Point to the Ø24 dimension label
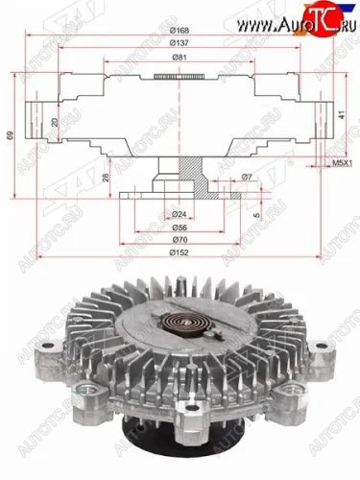[x=179, y=213]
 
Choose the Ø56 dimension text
[x=179, y=228]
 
